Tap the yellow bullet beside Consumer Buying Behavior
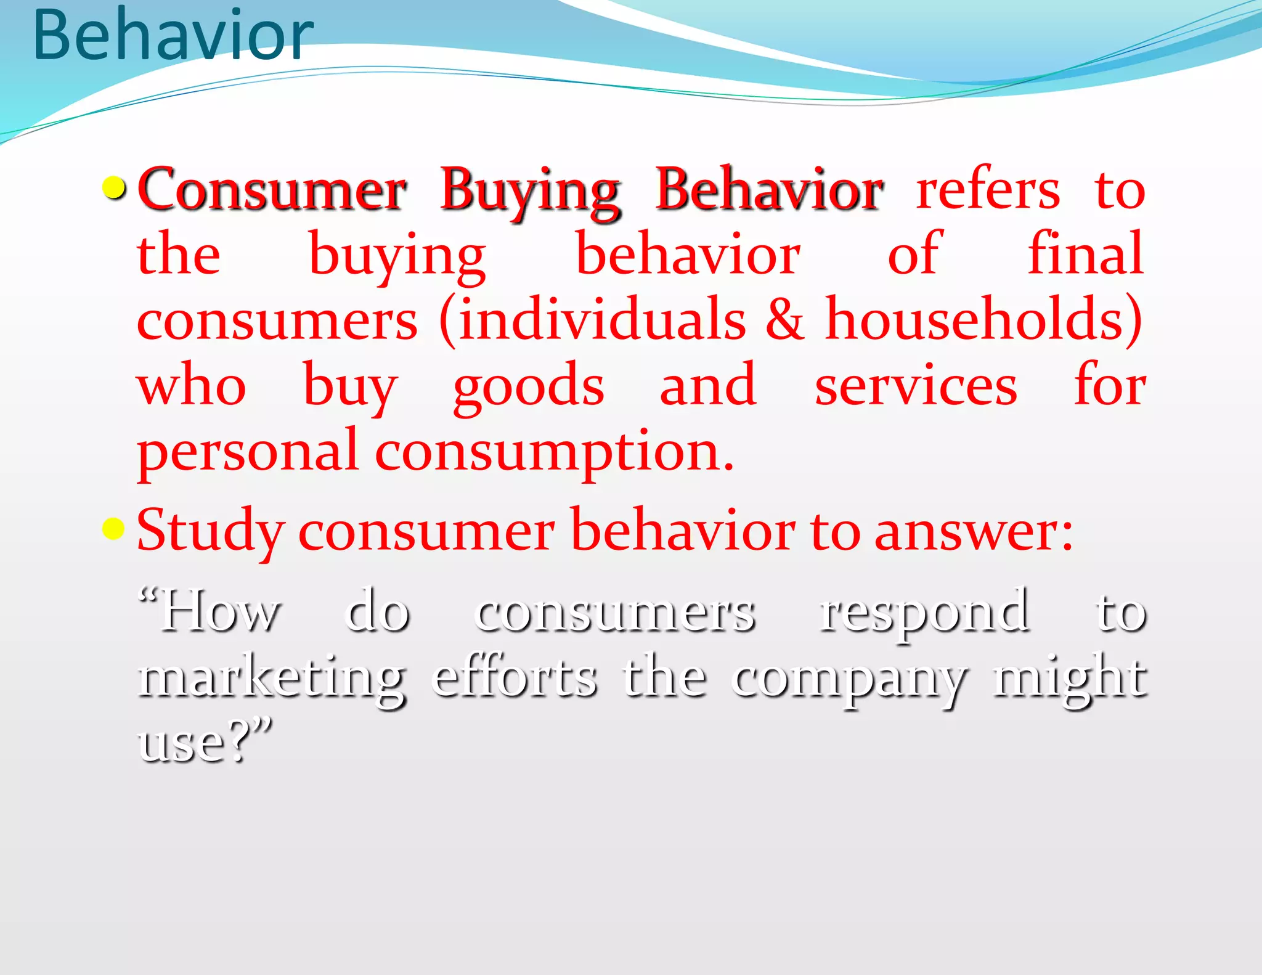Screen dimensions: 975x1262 (114, 189)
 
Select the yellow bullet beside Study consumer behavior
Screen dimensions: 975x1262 (113, 528)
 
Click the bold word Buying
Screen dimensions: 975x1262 (530, 191)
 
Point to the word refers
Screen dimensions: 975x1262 (988, 190)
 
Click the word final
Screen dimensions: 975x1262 (1086, 255)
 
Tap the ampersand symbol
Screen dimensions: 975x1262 (785, 319)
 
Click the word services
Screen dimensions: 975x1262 (916, 386)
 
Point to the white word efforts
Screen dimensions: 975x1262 (515, 677)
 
